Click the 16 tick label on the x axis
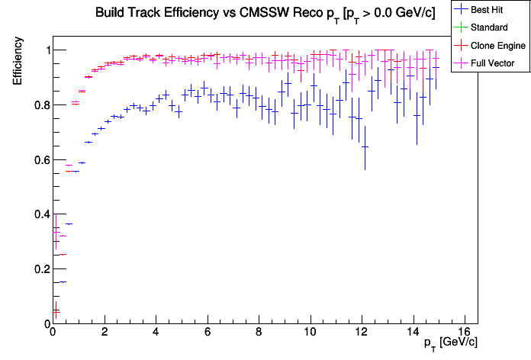pos(465,333)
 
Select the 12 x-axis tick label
pos(362,333)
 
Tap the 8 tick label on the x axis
pos(259,333)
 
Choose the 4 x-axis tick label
pos(156,333)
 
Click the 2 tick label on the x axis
pos(104,333)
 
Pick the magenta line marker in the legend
pos(461,63)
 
